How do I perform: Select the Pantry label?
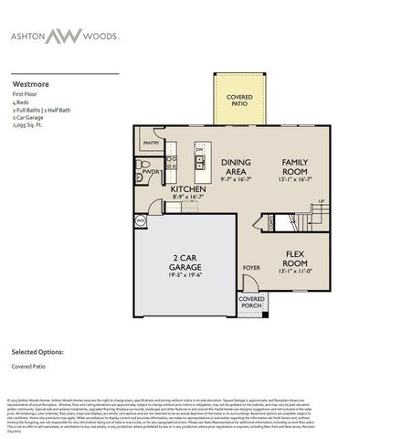[x=152, y=143]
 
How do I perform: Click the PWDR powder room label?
[x=152, y=172]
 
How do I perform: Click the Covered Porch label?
[x=252, y=302]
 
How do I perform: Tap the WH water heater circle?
[x=141, y=220]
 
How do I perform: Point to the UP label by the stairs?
[x=321, y=201]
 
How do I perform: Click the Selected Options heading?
[x=37, y=351]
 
